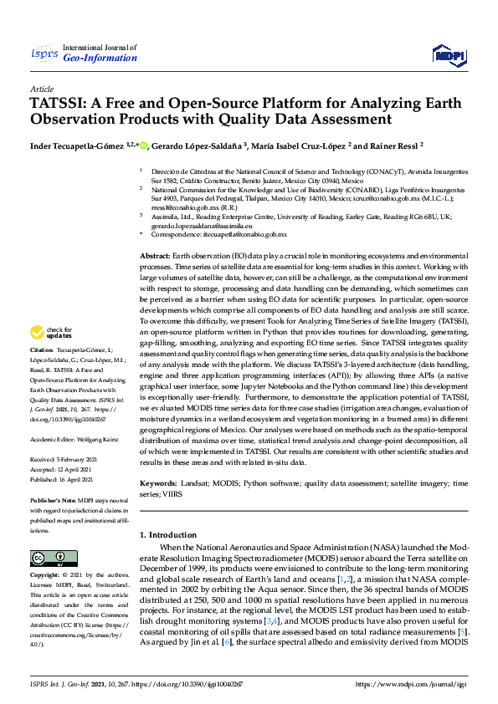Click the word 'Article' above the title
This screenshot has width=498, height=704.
pos(41,89)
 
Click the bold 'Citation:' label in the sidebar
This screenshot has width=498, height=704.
pos(42,372)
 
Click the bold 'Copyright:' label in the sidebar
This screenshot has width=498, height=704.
pos(46,576)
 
